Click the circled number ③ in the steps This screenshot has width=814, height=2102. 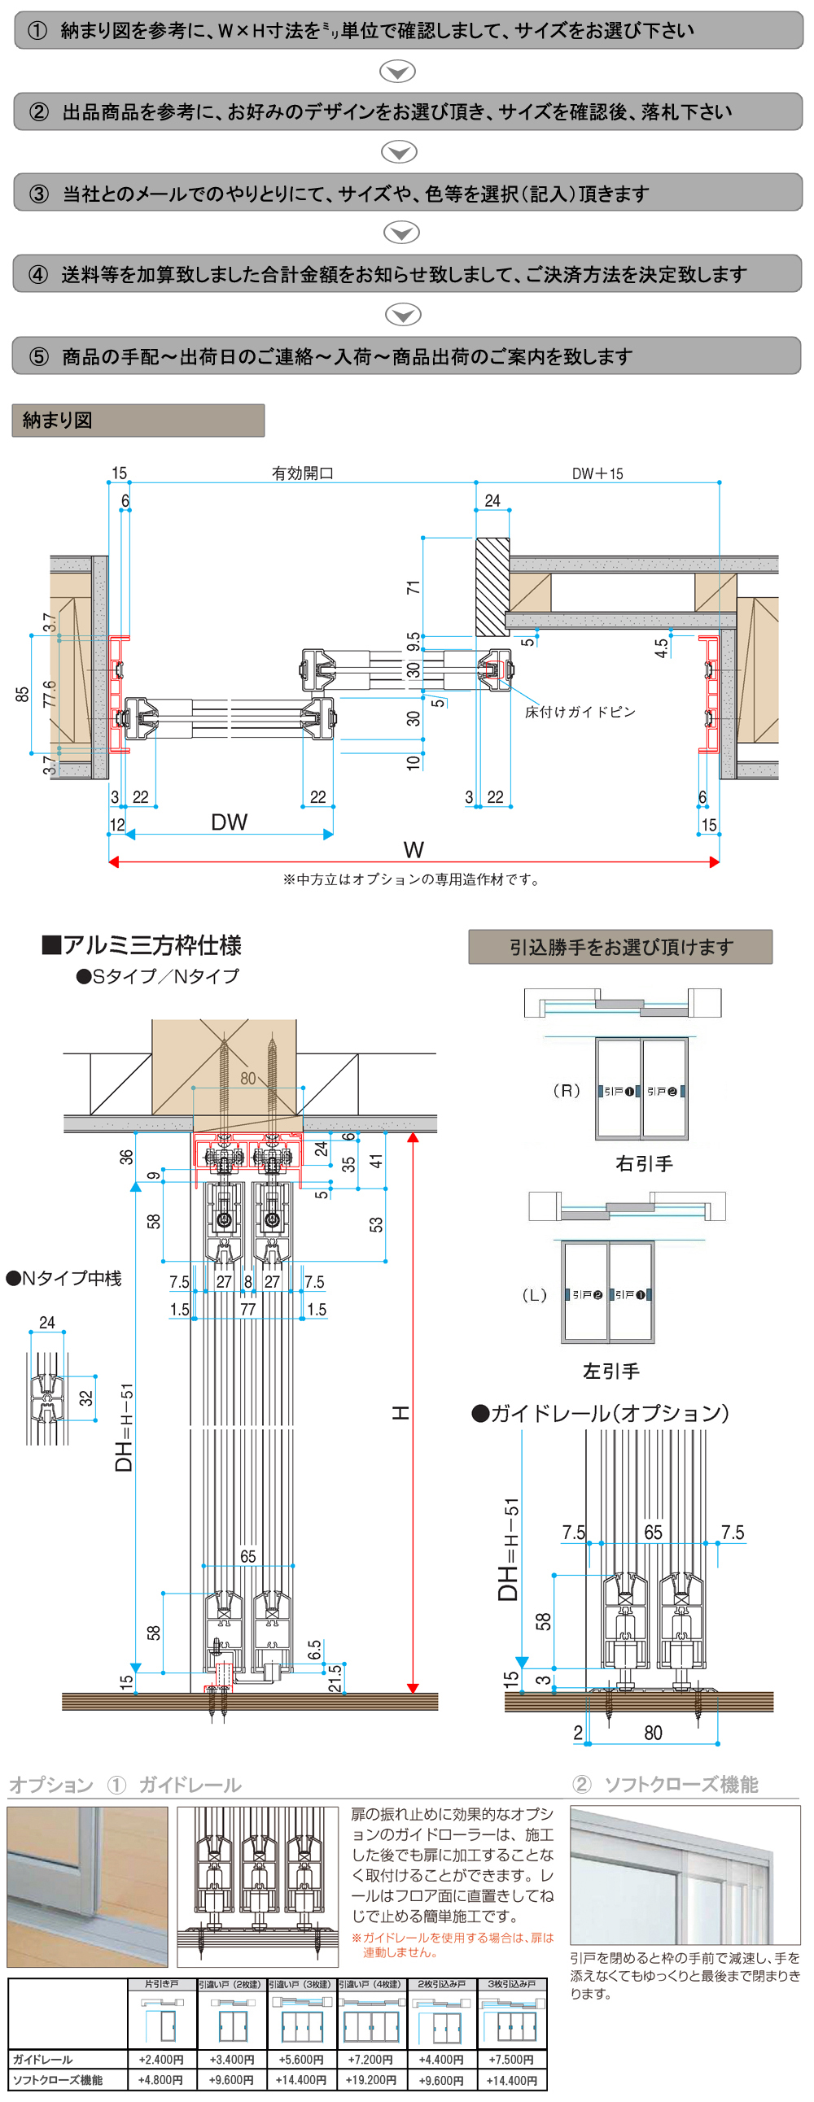pyautogui.click(x=39, y=194)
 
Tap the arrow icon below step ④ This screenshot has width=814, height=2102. pyautogui.click(x=402, y=315)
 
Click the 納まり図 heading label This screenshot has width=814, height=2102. pyautogui.click(x=57, y=421)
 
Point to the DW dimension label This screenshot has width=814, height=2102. pyautogui.click(x=229, y=822)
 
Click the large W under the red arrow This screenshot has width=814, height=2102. pyautogui.click(x=414, y=850)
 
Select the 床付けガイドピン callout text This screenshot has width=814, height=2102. pyautogui.click(x=580, y=713)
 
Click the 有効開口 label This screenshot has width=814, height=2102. pyautogui.click(x=302, y=474)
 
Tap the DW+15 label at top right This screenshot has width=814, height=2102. pyautogui.click(x=597, y=474)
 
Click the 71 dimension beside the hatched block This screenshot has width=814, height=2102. pyautogui.click(x=414, y=587)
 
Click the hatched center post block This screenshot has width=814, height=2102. pyautogui.click(x=492, y=586)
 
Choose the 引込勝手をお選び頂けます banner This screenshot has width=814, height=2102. pyautogui.click(x=620, y=948)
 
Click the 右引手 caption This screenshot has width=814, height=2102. pyautogui.click(x=644, y=1164)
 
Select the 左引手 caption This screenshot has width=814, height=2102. pyautogui.click(x=610, y=1372)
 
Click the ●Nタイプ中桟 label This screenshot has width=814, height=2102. pyautogui.click(x=64, y=1279)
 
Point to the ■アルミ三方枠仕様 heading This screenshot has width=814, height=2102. pyautogui.click(x=142, y=946)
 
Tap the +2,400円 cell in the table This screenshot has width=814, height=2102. pyautogui.click(x=161, y=2060)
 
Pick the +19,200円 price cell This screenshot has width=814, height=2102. pyautogui.click(x=370, y=2080)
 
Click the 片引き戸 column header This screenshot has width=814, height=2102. pyautogui.click(x=161, y=1985)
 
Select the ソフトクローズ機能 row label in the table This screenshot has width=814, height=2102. pyautogui.click(x=57, y=2080)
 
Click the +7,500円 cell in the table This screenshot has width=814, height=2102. pyautogui.click(x=511, y=2060)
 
